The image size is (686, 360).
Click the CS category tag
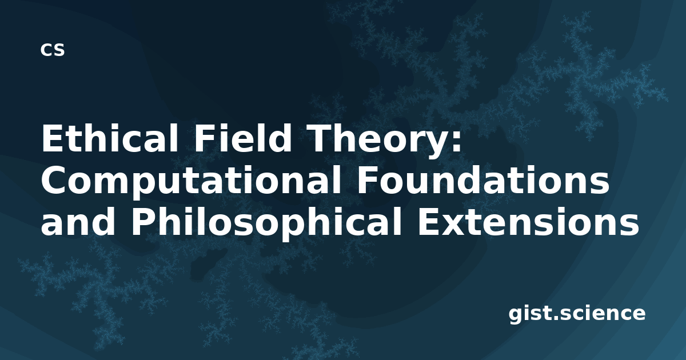tap(53, 50)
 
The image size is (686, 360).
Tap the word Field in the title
tap(242, 138)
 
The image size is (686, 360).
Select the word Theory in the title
tap(373, 141)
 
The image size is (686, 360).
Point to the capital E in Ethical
tap(52, 138)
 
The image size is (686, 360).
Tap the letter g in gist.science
tap(516, 316)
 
